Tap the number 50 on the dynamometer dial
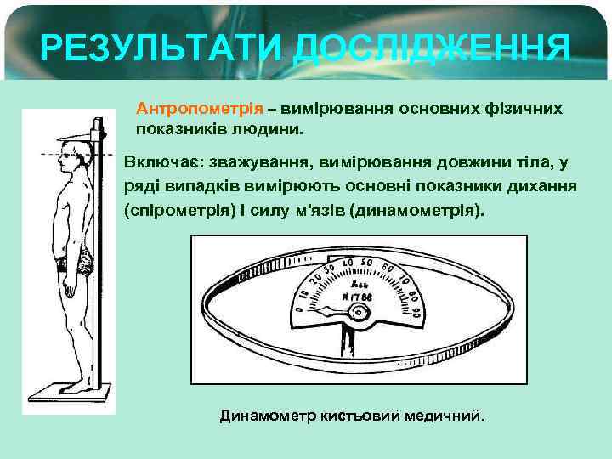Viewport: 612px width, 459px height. [367, 262]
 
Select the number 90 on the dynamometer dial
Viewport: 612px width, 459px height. [416, 312]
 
